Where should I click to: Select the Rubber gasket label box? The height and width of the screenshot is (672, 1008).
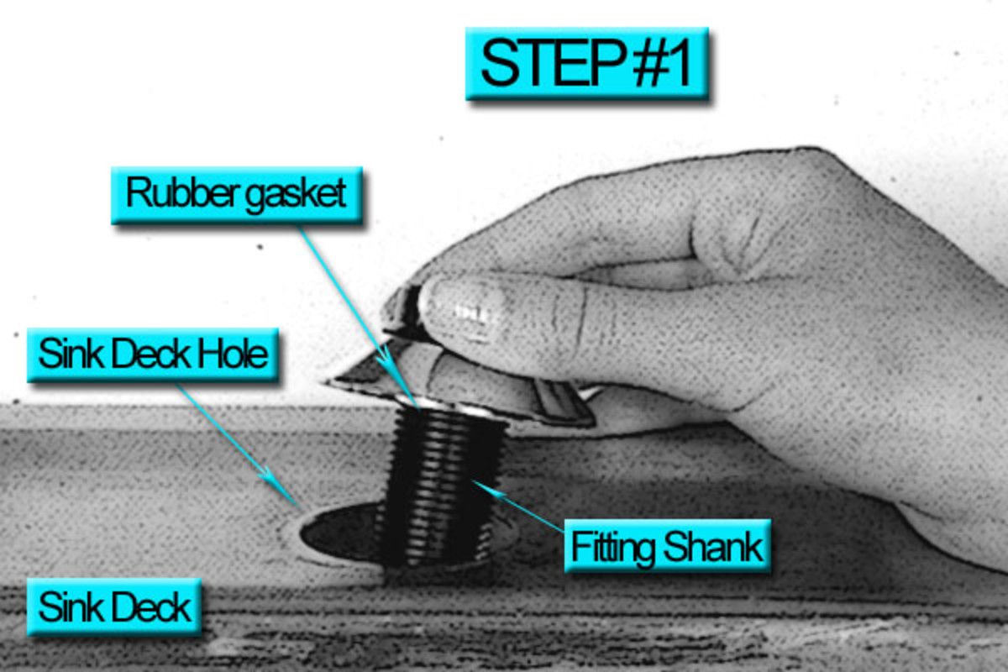[x=237, y=195]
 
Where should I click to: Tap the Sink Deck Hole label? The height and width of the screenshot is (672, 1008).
[x=153, y=354]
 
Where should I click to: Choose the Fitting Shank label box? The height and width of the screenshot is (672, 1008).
[x=667, y=546]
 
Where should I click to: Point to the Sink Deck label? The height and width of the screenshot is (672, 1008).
[x=114, y=606]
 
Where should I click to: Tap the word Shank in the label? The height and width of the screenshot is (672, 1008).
[x=713, y=546]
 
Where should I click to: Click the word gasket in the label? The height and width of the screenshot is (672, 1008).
[x=296, y=195]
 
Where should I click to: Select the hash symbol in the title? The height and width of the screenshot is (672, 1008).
[x=647, y=62]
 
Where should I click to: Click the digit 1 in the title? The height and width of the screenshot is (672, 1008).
[x=680, y=63]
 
